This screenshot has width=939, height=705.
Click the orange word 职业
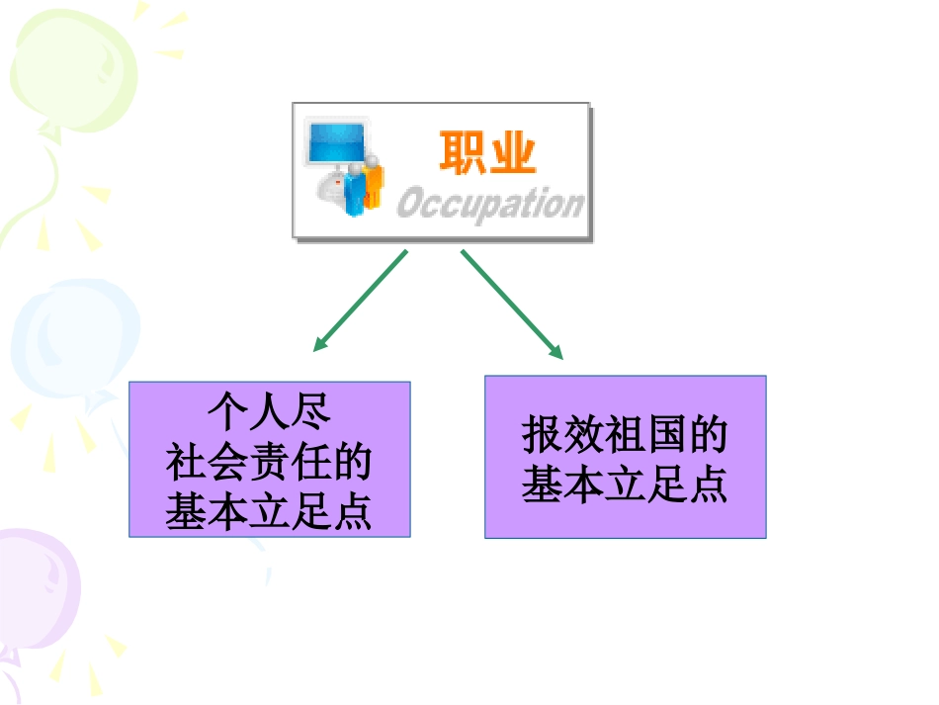[x=487, y=152]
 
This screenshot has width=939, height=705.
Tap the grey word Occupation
[x=490, y=204]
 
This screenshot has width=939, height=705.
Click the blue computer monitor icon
[x=336, y=142]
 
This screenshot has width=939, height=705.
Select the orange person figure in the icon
[x=373, y=182]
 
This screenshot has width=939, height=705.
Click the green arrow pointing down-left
[x=360, y=301]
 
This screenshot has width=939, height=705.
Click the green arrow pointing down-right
[x=512, y=305]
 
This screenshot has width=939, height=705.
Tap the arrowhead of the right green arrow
[x=556, y=352]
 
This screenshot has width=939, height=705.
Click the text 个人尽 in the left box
[x=270, y=412]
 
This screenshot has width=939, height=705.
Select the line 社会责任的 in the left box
[x=269, y=462]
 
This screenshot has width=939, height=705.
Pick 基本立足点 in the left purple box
[x=269, y=511]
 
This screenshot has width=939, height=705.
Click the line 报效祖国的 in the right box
[x=626, y=434]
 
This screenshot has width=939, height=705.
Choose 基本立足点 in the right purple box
[x=626, y=484]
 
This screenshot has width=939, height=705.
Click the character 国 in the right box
[x=666, y=434]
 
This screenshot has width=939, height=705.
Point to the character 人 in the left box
[x=270, y=412]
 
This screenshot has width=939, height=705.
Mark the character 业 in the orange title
[x=513, y=152]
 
